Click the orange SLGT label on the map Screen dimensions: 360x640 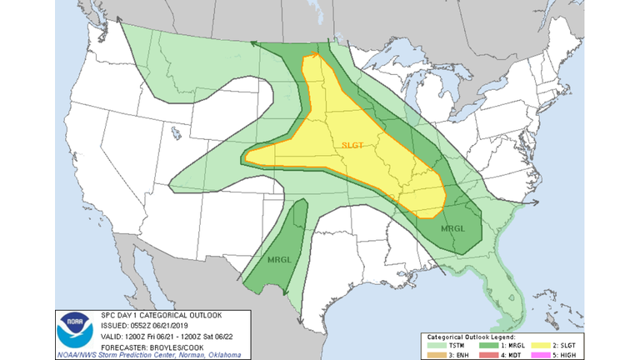click(x=353, y=145)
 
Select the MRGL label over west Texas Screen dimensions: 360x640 click(x=278, y=260)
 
